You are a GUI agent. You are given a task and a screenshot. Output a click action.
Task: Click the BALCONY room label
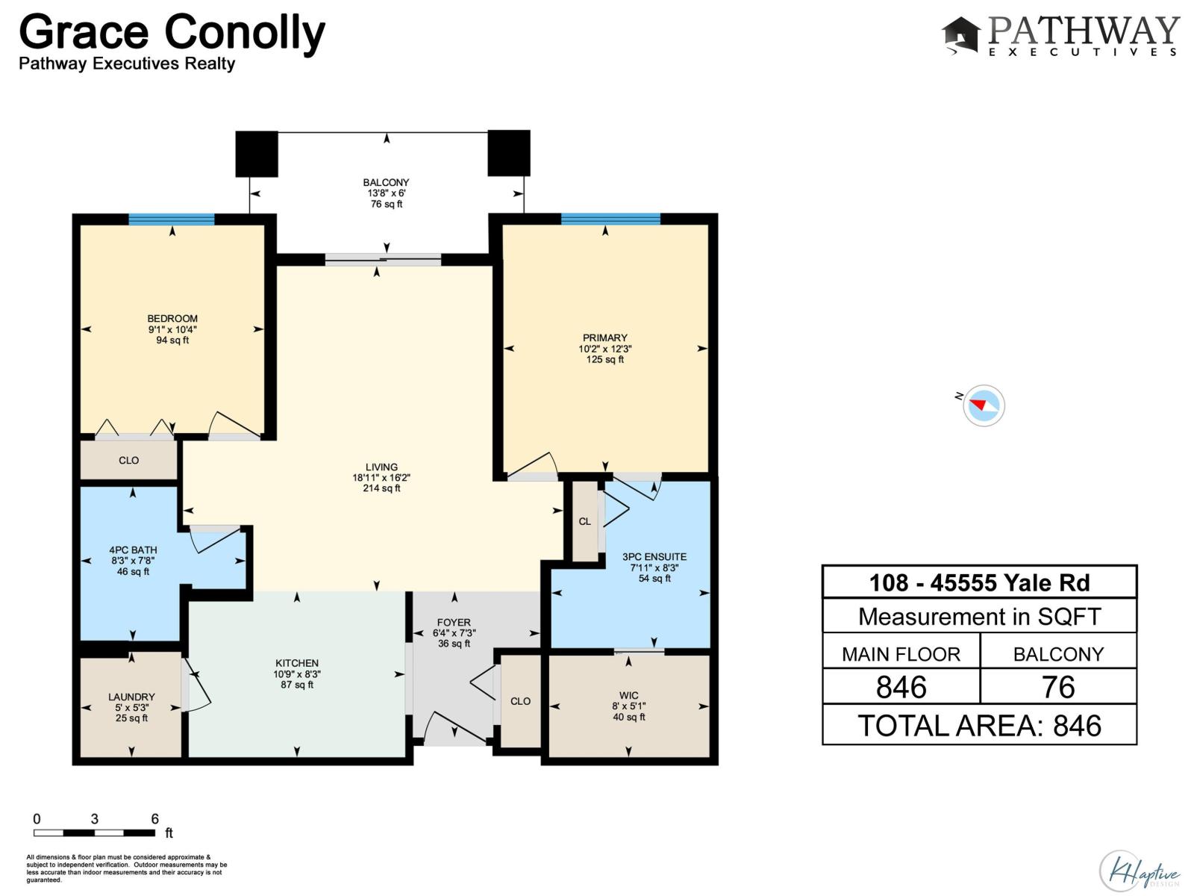point(386,182)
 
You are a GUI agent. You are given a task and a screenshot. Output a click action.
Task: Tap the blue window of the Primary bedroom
point(610,219)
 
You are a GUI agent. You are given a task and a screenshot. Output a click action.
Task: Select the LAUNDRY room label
point(131,697)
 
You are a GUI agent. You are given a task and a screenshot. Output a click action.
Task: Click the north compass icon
point(983,405)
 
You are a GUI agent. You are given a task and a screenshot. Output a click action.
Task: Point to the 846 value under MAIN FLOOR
point(901,687)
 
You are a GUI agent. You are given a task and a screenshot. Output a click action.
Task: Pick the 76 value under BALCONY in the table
point(1057,687)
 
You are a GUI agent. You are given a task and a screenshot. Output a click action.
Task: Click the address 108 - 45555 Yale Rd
point(979,582)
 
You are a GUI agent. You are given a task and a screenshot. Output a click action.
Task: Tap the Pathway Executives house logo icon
point(960,35)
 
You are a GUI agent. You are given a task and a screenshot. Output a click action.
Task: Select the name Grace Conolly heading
point(172,33)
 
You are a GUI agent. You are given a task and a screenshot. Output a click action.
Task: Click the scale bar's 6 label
point(154,819)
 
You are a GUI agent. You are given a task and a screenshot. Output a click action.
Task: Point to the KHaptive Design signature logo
point(1139,871)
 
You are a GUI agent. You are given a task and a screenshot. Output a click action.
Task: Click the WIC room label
point(628,695)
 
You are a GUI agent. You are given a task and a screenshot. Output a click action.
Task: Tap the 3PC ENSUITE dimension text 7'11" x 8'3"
point(654,567)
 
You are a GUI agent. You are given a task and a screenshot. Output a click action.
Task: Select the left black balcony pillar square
point(256,153)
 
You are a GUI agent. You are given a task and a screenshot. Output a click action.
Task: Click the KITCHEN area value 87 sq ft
point(297,685)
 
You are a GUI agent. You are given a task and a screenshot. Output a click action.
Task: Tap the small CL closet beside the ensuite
point(584,521)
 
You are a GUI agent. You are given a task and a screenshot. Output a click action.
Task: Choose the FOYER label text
point(454,622)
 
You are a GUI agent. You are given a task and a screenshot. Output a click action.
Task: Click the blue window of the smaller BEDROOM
point(171,219)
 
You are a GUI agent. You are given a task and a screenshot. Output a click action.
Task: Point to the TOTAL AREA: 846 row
point(979,725)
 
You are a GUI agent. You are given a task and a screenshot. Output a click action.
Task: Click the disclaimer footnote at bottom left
point(126,868)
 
